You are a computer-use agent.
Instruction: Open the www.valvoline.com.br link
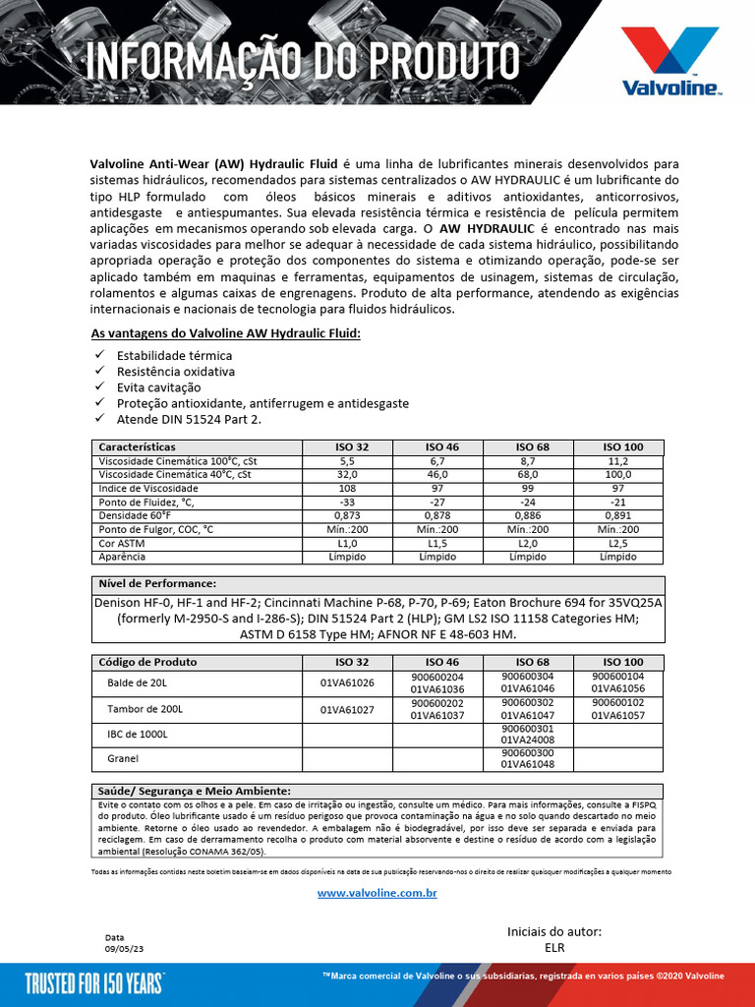[x=377, y=893]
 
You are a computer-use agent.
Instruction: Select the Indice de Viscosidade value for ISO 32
[x=347, y=489]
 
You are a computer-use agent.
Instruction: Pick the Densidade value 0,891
[x=617, y=515]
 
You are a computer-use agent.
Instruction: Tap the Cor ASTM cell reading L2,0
[x=528, y=543]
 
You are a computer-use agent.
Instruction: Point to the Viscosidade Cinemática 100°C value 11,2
[x=617, y=461]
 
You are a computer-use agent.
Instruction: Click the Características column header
[x=138, y=447]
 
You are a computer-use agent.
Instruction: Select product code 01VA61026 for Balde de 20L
[x=347, y=682]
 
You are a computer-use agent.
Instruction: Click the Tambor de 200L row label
[x=145, y=709]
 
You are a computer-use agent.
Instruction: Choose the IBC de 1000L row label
[x=138, y=734]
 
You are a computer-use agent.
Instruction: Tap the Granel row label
[x=123, y=759]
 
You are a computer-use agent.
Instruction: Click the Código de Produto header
[x=148, y=663]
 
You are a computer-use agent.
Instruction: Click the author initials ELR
[x=554, y=949]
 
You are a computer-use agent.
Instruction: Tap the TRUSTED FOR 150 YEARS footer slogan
[x=93, y=984]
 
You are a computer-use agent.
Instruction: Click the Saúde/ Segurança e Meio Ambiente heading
[x=194, y=792]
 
